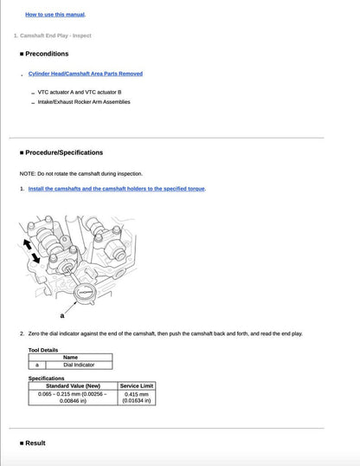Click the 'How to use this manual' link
point(55,15)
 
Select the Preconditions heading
point(47,54)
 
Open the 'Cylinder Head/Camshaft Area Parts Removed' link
point(86,74)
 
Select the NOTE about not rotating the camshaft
point(81,173)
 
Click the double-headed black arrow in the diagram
point(31,250)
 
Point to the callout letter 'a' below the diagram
point(61,315)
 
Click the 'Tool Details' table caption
point(43,350)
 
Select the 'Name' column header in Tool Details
point(71,357)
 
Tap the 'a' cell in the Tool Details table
point(37,365)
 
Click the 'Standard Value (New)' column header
point(74,385)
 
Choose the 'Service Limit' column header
point(137,385)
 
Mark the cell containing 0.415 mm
point(137,398)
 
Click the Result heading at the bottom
point(35,443)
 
